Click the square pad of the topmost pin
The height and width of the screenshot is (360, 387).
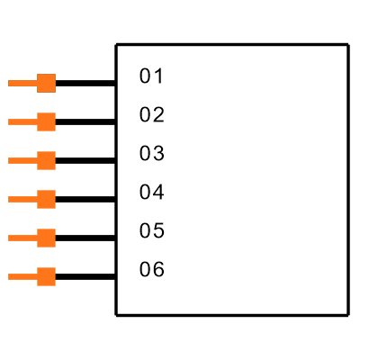tap(46, 83)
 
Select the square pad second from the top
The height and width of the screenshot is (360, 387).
tap(46, 121)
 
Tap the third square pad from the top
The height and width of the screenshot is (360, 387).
tap(46, 160)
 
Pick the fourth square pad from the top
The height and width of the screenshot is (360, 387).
tap(46, 199)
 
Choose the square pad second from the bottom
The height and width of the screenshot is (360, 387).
tap(46, 238)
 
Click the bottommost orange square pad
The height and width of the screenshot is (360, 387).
tap(46, 276)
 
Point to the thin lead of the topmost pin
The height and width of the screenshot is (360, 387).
tap(22, 83)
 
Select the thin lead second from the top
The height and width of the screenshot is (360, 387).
tap(22, 121)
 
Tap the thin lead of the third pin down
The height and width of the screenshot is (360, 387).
tap(22, 160)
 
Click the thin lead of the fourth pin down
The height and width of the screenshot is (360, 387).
tap(22, 199)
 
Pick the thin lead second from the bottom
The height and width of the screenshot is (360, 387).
tap(22, 238)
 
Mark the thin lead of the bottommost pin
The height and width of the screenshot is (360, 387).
tap(22, 276)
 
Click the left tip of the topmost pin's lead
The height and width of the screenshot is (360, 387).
tap(9, 83)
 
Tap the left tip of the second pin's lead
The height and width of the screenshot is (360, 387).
tap(9, 121)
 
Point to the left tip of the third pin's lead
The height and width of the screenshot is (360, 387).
tap(9, 160)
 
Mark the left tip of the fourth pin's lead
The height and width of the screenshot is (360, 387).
tap(9, 199)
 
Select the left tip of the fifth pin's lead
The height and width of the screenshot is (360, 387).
tap(9, 238)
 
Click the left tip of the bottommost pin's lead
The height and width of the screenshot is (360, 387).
tap(9, 276)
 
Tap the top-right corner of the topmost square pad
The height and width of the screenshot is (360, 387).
tap(55, 75)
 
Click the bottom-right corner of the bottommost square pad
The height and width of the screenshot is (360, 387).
tap(55, 285)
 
